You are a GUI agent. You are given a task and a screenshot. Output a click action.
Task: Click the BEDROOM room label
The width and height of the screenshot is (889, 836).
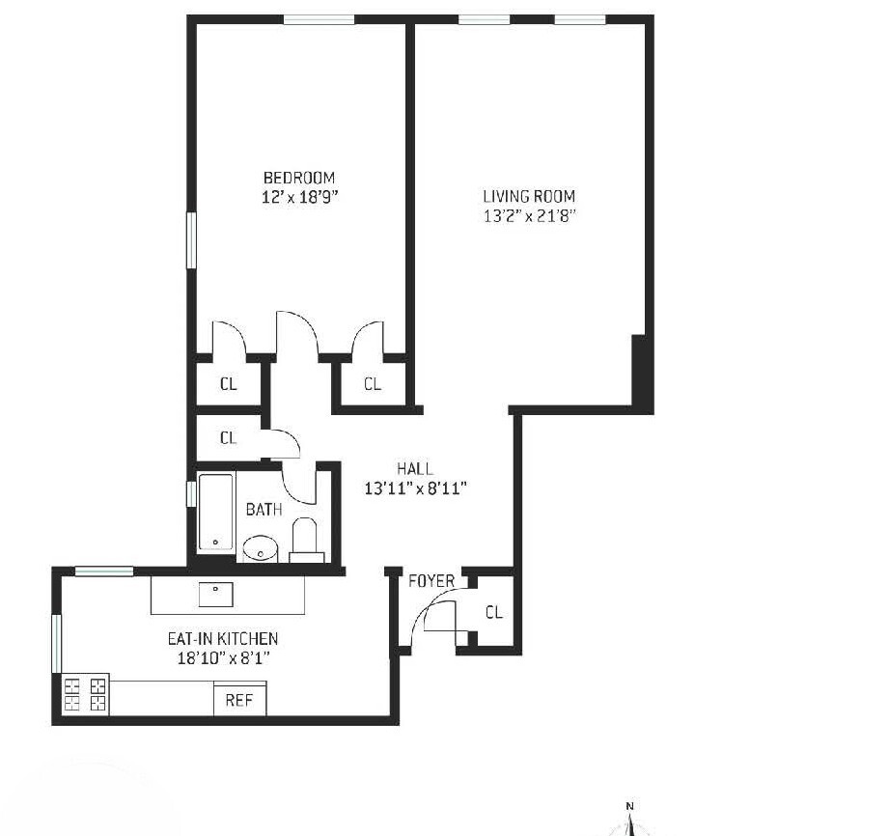coord(299,178)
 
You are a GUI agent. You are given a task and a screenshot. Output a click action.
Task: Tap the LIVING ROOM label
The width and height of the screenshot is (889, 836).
coord(529,197)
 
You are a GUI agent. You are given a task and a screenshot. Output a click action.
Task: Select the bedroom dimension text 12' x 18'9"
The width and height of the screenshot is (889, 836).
coord(299,197)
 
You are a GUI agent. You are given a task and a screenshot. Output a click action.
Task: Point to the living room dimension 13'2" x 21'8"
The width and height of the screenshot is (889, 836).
coord(529,216)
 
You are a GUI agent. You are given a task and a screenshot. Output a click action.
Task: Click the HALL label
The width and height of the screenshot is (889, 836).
coord(415,469)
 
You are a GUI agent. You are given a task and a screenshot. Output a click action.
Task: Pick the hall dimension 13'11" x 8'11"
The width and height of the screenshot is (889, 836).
coord(415,488)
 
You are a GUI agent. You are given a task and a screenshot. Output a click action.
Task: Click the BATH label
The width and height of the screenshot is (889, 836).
coord(264,509)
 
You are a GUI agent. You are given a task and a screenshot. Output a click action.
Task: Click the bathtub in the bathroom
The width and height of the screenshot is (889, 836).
coord(216,514)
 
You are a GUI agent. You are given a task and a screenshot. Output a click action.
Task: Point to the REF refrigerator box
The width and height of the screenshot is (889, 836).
coord(238,700)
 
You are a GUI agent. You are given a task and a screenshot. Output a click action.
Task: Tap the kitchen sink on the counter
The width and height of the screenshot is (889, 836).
coord(216,595)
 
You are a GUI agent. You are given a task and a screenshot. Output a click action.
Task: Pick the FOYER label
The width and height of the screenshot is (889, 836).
coord(431,581)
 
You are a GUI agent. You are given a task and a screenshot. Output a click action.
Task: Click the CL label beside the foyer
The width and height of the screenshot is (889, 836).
coord(493,612)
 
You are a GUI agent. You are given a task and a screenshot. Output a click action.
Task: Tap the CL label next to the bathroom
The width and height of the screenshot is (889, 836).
coord(228,438)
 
